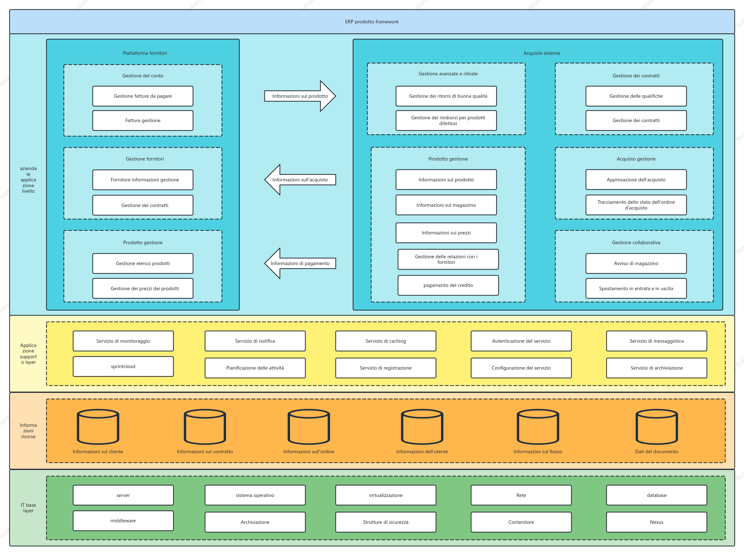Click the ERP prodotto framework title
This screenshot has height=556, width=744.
[372, 22]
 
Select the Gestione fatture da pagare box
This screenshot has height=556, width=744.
[143, 96]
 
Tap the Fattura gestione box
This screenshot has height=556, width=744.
[143, 120]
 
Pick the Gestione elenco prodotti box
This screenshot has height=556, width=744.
[143, 263]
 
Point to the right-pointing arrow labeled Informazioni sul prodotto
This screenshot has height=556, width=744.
[300, 96]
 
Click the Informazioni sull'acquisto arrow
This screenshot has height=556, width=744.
[300, 180]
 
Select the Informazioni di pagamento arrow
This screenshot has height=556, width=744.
[300, 263]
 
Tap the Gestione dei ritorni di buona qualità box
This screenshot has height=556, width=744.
[446, 96]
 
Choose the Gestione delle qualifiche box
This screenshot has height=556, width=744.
[636, 96]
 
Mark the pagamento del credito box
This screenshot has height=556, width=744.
[448, 285]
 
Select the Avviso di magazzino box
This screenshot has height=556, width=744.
[636, 263]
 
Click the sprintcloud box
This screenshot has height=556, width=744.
[123, 366]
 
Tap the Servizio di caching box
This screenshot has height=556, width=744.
[386, 341]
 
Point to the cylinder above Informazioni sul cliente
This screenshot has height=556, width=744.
[98, 427]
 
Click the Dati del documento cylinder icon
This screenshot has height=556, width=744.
[657, 427]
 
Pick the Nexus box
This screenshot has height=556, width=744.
[657, 522]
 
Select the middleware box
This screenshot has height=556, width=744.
[123, 521]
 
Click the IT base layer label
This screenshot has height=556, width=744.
[28, 508]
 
